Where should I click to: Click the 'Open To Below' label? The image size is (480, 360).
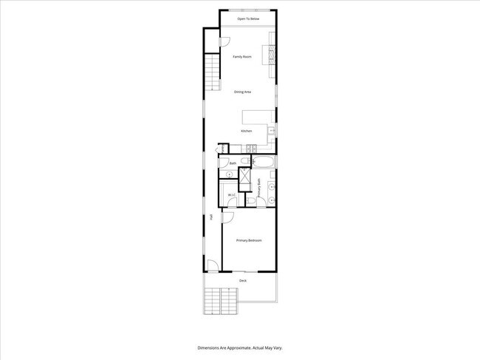(248, 18)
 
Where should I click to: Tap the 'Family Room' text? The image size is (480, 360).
(242, 57)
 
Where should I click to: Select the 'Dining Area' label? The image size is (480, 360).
(243, 92)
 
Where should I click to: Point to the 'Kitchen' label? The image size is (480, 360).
(246, 131)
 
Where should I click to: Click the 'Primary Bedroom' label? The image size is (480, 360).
(249, 241)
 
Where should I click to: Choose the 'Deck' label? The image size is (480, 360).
(243, 281)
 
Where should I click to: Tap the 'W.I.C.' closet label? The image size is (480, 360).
(231, 195)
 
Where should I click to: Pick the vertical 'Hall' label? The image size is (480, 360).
(211, 217)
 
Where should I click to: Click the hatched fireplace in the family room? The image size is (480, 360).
(272, 56)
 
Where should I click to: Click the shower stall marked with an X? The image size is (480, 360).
(245, 175)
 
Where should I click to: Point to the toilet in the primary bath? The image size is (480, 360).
(252, 201)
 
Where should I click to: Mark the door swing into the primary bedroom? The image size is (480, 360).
(228, 218)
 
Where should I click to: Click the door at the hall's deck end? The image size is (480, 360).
(212, 266)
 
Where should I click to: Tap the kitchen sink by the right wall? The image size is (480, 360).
(272, 131)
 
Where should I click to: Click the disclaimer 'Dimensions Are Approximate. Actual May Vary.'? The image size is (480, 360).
(240, 347)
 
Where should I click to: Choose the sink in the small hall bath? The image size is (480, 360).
(229, 174)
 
